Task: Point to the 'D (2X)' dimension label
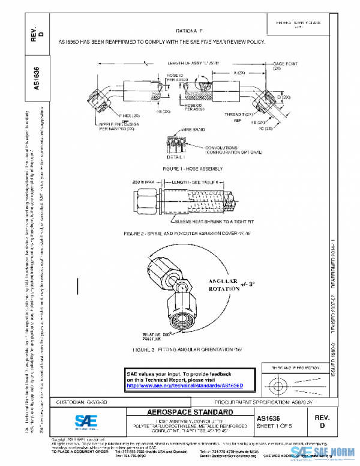(284, 97)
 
